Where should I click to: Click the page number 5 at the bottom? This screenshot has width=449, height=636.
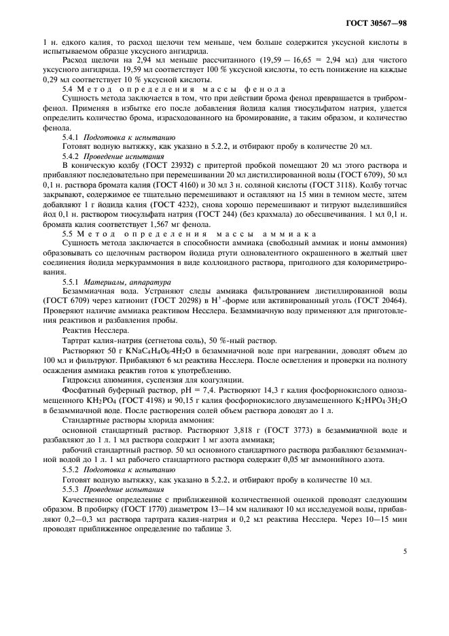(x=405, y=552)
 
